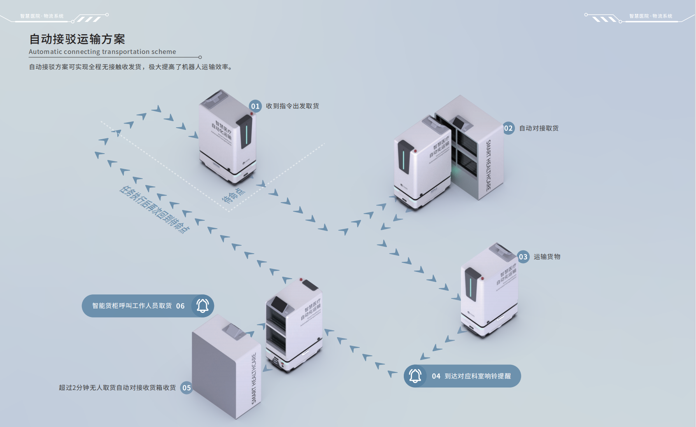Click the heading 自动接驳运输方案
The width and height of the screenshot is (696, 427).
pyautogui.click(x=77, y=39)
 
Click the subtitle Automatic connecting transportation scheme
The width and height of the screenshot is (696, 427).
pyautogui.click(x=102, y=52)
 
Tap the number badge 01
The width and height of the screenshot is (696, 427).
pyautogui.click(x=255, y=106)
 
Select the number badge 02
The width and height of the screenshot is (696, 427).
pyautogui.click(x=508, y=128)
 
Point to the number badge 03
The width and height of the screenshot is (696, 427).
pyautogui.click(x=523, y=257)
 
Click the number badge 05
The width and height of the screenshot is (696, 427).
pyautogui.click(x=186, y=388)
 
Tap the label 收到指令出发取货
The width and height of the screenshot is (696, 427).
pyautogui.click(x=292, y=106)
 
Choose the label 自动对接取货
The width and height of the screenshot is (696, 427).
pyautogui.click(x=539, y=128)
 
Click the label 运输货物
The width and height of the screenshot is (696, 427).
pyautogui.click(x=547, y=257)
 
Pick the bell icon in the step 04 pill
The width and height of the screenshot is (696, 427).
pyautogui.click(x=415, y=376)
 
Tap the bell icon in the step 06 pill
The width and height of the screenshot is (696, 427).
pyautogui.click(x=203, y=306)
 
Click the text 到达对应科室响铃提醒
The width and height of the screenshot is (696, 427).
pyautogui.click(x=477, y=376)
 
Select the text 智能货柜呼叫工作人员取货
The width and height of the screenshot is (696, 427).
pyautogui.click(x=132, y=306)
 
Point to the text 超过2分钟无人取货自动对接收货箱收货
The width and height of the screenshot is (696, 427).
pyautogui.click(x=117, y=388)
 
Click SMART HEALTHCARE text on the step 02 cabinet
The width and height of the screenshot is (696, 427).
pyautogui.click(x=489, y=165)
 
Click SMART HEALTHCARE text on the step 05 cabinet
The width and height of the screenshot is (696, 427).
pyautogui.click(x=254, y=378)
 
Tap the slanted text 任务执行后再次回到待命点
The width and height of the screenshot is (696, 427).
pyautogui.click(x=154, y=209)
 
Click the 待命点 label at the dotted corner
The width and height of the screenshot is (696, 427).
pyautogui.click(x=233, y=196)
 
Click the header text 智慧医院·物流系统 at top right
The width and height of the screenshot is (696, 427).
pyautogui.click(x=650, y=16)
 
